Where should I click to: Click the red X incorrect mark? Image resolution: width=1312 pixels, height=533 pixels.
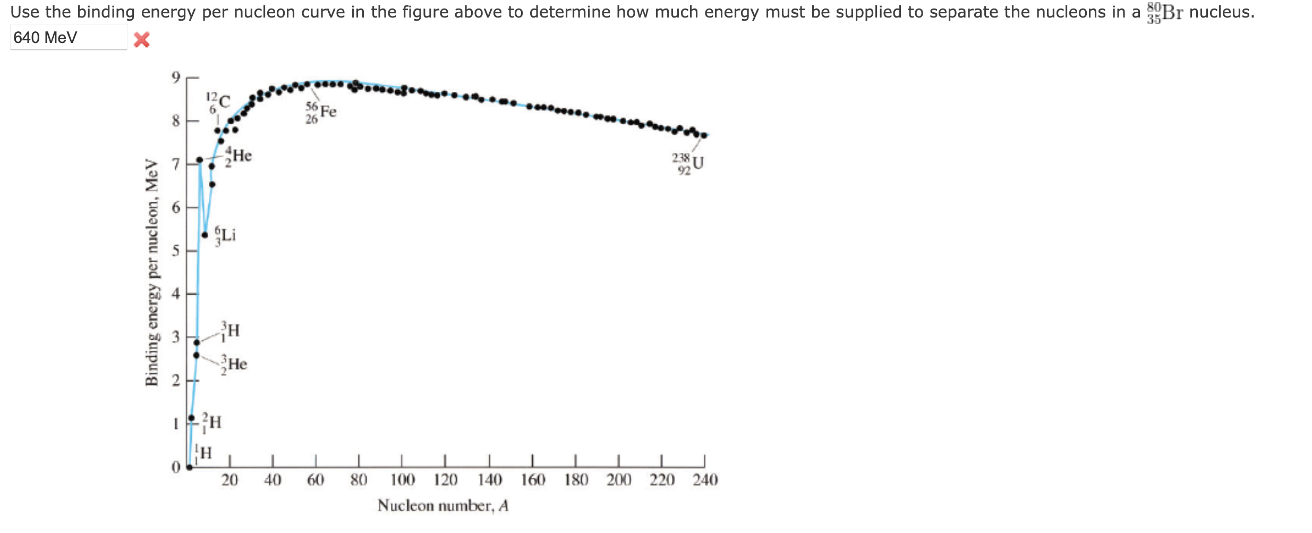point(141,40)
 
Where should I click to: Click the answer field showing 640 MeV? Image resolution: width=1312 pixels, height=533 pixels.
point(68,38)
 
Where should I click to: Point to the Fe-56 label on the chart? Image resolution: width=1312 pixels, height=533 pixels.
point(321,112)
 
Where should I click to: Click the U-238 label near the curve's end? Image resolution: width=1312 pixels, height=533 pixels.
point(688,164)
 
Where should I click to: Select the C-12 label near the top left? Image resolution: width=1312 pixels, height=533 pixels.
point(218,102)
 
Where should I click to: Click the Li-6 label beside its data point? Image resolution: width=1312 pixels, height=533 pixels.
point(225,235)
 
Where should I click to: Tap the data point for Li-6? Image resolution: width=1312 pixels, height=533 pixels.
point(205,235)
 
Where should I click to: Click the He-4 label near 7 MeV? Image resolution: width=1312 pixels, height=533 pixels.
point(238,156)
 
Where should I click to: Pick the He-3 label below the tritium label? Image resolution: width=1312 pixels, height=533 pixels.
point(234,364)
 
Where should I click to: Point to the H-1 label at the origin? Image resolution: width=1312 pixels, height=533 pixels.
point(203,453)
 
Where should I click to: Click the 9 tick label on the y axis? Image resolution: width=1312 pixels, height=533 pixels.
point(176,78)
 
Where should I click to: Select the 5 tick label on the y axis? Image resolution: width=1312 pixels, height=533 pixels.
point(176,251)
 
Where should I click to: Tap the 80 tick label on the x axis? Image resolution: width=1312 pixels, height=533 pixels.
point(359,480)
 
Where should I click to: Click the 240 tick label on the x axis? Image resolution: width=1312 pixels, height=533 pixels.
point(705,480)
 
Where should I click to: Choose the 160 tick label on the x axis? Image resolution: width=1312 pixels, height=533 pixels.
point(532,480)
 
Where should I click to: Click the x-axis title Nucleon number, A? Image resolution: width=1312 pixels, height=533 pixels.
point(443,505)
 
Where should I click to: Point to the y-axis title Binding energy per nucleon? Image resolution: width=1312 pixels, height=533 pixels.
point(152,272)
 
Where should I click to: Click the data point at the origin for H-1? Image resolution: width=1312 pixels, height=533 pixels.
point(190,467)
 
